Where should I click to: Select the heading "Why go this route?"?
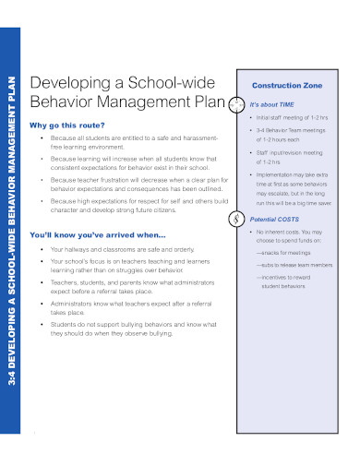coord(67,125)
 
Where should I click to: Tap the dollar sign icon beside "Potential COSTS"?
coord(242,218)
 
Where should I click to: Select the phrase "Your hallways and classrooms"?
coord(96,249)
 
